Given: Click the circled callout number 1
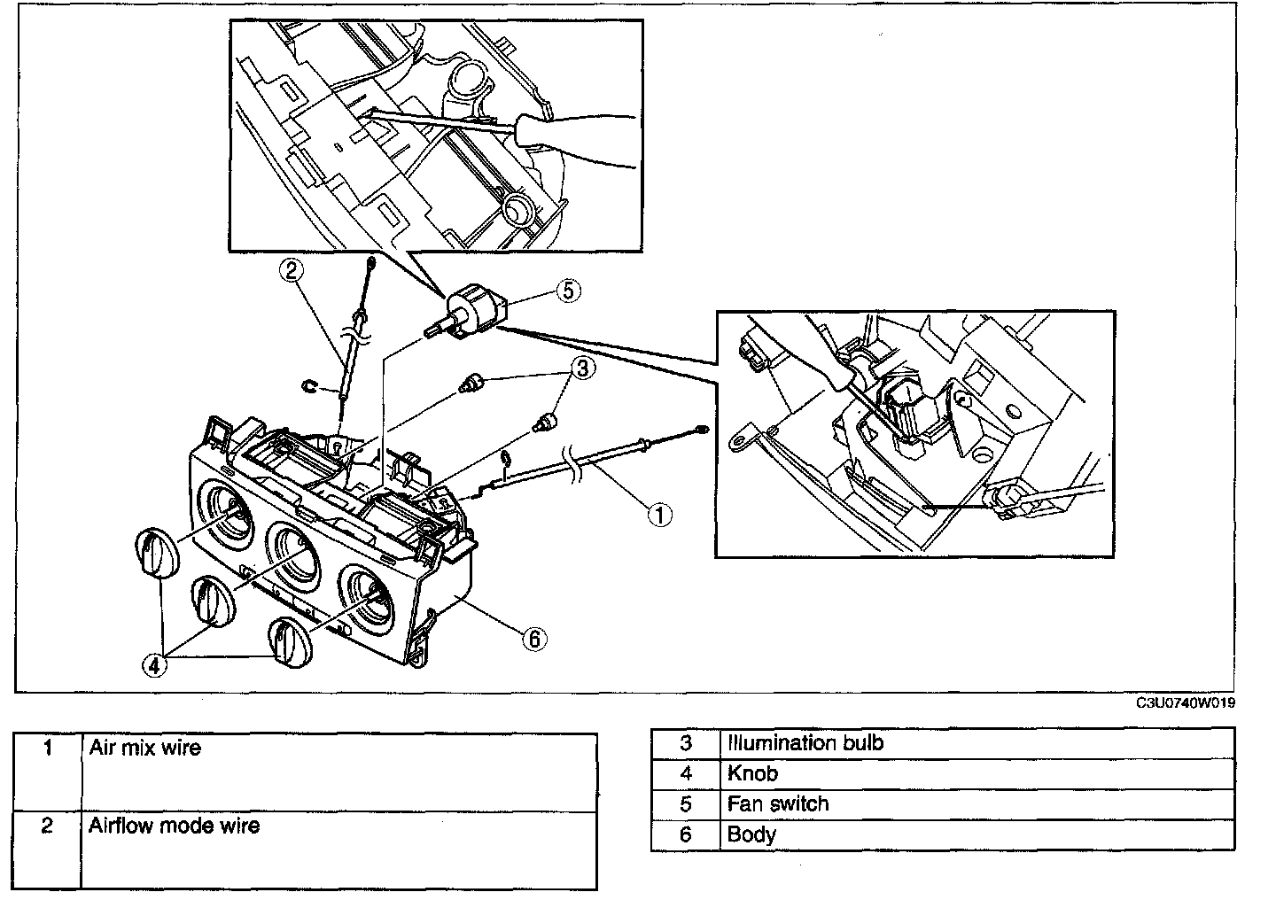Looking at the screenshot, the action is click(659, 515).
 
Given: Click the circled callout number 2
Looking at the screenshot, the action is click(291, 270).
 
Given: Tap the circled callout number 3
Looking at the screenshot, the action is click(583, 368).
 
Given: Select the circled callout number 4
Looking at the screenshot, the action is click(154, 664).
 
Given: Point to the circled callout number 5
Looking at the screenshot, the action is click(569, 291).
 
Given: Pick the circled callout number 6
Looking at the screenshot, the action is click(534, 639).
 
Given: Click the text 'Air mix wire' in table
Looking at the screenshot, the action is click(145, 748).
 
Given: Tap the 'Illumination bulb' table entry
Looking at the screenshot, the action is click(805, 743).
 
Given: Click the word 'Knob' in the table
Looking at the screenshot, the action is click(752, 773).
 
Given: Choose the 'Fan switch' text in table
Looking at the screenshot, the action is click(778, 803).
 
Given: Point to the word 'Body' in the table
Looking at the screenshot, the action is click(751, 834).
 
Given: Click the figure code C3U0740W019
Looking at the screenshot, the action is click(1186, 703).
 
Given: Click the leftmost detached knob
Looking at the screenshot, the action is click(157, 553).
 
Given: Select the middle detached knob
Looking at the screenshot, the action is click(213, 601).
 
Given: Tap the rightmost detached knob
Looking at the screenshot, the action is click(291, 642).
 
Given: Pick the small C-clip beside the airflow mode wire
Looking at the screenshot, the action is click(310, 387).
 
